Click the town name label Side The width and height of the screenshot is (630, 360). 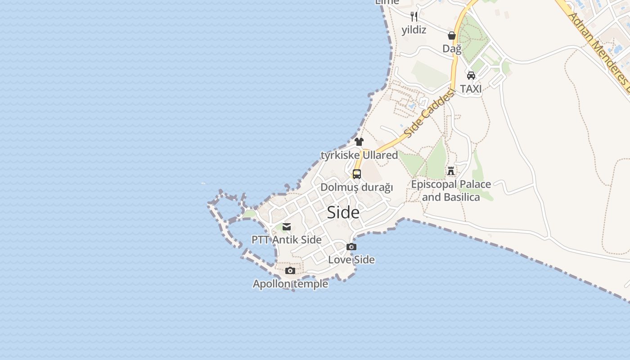pos(343,212)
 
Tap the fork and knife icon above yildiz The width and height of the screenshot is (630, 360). pos(414,17)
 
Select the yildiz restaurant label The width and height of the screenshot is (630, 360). pos(414,30)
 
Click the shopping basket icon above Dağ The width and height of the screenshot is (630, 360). pos(452,36)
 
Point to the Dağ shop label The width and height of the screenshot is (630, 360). pos(452,49)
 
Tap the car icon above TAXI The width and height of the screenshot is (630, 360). pos(471,75)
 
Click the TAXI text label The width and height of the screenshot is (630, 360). pos(471,89)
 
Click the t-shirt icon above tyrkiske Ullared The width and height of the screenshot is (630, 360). pos(359,142)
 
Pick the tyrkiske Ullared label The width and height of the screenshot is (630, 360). pos(359,155)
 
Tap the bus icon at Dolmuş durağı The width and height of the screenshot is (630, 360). pos(357,174)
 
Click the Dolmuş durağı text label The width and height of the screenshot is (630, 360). pos(357,187)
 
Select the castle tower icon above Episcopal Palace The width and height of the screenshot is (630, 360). pos(451,171)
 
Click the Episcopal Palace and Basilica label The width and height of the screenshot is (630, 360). pos(451,191)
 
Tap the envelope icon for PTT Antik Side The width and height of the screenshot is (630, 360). pos(287,227)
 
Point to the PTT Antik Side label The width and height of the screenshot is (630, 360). pos(287,240)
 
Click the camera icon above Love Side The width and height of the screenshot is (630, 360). pos(351,247)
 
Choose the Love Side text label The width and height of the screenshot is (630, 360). pos(351,260)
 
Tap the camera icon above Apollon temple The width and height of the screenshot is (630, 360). pos(290,270)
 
